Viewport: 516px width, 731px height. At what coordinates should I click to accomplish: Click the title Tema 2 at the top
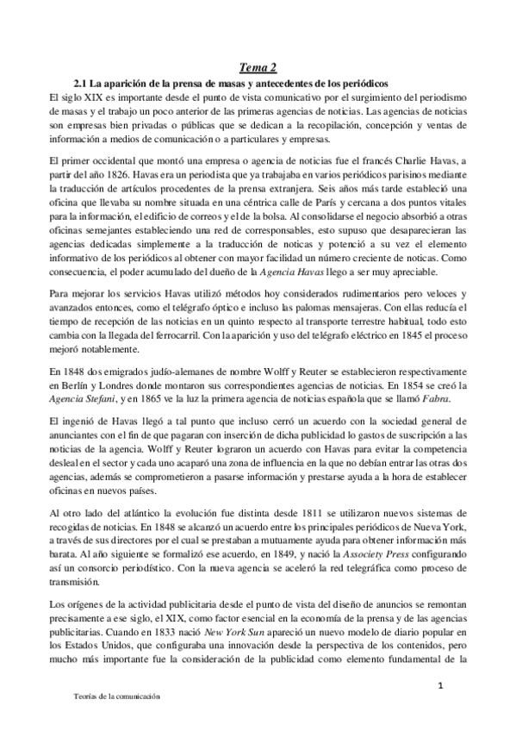[258, 68]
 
